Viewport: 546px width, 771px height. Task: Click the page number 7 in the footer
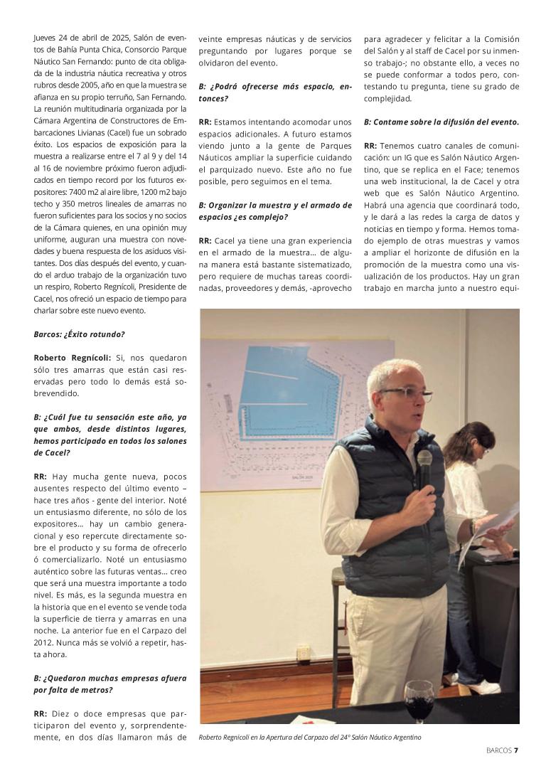coord(516,749)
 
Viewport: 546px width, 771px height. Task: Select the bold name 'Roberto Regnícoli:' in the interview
coord(72,358)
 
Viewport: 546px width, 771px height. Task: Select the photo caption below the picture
coord(310,738)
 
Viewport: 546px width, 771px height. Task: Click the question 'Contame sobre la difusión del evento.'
coord(441,122)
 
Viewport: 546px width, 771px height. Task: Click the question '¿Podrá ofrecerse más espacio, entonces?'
coord(275,92)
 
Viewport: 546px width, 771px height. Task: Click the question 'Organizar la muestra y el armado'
coord(275,211)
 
